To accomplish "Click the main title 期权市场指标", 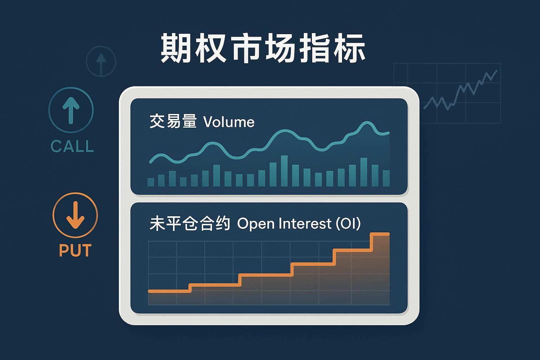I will click(x=263, y=49).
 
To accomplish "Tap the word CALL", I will click(x=72, y=147).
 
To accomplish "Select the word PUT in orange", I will click(x=75, y=250).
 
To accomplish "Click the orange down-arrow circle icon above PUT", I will click(x=75, y=215).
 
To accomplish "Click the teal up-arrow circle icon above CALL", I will click(x=71, y=110).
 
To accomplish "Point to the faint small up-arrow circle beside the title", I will click(x=101, y=62).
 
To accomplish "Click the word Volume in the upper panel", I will click(x=229, y=122).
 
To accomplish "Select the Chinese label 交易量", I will click(x=173, y=122).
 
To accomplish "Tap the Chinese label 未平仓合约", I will click(x=190, y=224).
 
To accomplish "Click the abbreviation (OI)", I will click(x=348, y=224).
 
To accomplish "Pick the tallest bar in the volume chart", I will click(x=284, y=171).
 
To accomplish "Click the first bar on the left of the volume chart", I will click(x=151, y=182).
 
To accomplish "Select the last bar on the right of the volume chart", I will click(x=386, y=178).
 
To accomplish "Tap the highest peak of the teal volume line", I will click(x=367, y=123).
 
